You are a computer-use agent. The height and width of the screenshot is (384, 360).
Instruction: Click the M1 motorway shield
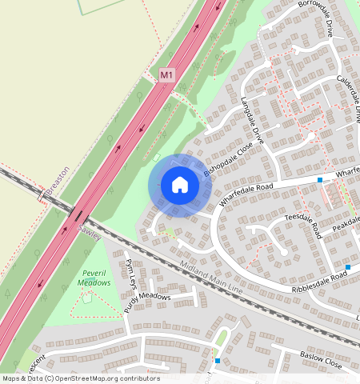pyautogui.click(x=166, y=74)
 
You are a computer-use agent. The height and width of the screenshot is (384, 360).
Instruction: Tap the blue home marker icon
pyautogui.click(x=180, y=185)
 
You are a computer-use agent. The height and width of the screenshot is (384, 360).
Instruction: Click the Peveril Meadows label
pyautogui.click(x=94, y=278)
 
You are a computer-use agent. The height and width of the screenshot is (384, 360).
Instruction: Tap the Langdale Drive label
pyautogui.click(x=255, y=121)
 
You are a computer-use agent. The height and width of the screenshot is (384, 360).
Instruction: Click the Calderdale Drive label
pyautogui.click(x=353, y=97)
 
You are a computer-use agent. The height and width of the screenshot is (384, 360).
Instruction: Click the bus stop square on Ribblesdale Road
pyautogui.click(x=348, y=266)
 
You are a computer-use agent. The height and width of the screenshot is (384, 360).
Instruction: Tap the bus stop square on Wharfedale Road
pyautogui.click(x=320, y=180)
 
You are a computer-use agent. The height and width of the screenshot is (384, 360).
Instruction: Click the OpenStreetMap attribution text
pyautogui.click(x=80, y=378)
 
